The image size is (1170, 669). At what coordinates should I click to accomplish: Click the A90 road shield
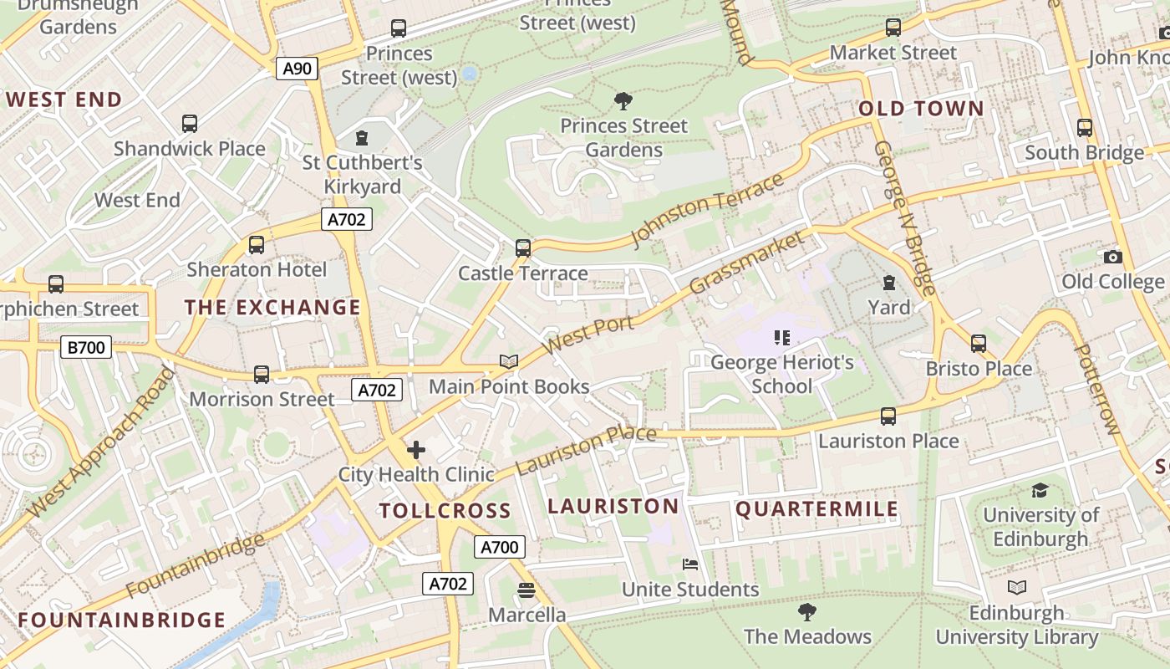[x=298, y=69]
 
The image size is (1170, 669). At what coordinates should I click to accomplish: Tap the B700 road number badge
[x=86, y=346]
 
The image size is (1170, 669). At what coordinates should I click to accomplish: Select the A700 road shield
[x=500, y=547]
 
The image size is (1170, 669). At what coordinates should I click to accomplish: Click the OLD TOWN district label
[x=921, y=109]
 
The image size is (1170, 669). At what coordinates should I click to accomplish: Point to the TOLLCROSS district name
[x=445, y=511]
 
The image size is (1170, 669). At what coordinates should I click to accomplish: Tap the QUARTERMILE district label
[x=816, y=509]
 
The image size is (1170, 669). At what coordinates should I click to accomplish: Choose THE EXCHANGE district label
[x=272, y=308]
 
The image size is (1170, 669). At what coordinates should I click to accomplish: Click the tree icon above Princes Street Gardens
[x=623, y=102]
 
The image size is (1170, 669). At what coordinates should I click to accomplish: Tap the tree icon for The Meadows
[x=806, y=612]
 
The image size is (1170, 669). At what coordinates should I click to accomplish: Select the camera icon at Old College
[x=1112, y=257]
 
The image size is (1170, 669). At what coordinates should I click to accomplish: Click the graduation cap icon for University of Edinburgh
[x=1040, y=490]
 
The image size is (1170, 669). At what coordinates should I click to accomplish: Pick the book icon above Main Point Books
[x=509, y=362]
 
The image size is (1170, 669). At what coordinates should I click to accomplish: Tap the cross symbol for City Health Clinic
[x=415, y=451]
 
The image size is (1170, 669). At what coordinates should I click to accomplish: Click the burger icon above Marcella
[x=526, y=590]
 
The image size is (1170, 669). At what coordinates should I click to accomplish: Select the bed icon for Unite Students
[x=690, y=564]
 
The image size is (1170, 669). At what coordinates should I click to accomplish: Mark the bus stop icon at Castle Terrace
[x=522, y=248]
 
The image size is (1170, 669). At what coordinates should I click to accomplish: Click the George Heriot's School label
[x=781, y=374]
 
